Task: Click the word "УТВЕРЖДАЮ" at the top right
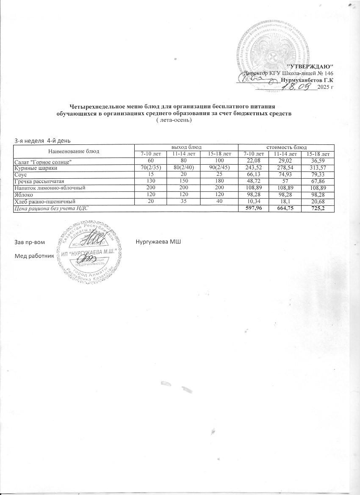coord(310,67)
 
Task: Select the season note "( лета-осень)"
coord(174,120)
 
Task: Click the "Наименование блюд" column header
coord(74,151)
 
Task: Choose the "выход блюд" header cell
coord(186,147)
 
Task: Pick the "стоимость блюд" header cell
coord(286,147)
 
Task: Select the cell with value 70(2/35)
coord(151,168)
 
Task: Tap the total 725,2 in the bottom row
coord(322,208)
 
